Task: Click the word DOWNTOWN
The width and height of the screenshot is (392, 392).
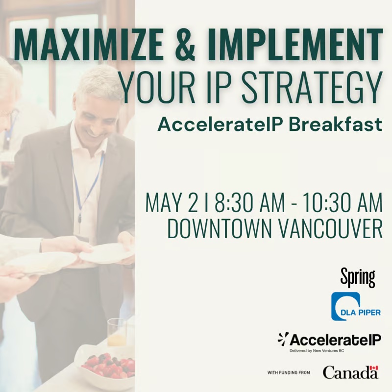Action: (x=219, y=229)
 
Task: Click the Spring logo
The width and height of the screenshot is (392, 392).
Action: (x=358, y=277)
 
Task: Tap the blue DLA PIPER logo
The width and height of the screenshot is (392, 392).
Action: (x=356, y=307)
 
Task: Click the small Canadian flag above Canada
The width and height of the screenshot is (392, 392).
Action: (x=374, y=368)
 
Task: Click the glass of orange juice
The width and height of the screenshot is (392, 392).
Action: (x=117, y=333)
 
